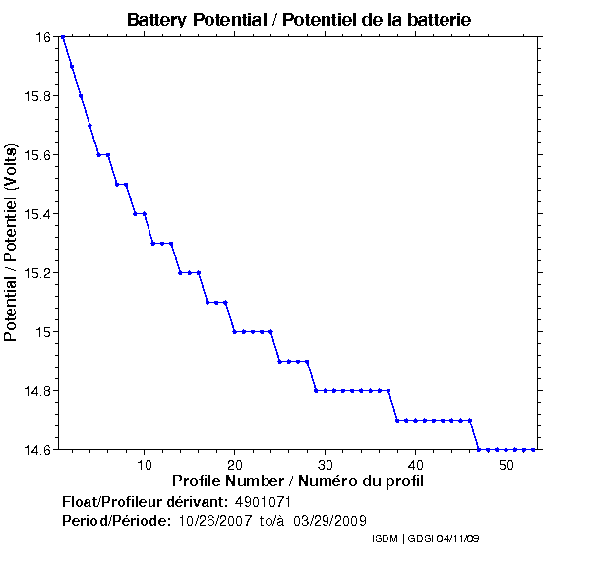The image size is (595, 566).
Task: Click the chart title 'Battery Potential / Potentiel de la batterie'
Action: [298, 19]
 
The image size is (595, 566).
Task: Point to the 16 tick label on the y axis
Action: [43, 37]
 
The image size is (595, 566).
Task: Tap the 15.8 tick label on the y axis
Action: [38, 96]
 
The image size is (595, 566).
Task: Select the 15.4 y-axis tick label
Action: [38, 214]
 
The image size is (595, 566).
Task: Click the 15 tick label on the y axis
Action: [43, 332]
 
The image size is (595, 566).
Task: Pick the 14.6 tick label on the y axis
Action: [38, 450]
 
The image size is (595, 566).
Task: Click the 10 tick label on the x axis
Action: [145, 465]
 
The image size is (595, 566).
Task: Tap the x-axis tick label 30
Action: [326, 465]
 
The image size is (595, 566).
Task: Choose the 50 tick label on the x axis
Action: [506, 465]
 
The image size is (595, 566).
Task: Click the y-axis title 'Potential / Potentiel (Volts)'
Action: [12, 243]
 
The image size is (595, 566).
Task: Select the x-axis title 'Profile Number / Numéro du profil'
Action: [298, 481]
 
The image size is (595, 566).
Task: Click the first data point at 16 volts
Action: [63, 37]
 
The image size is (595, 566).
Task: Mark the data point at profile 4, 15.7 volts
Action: [89, 126]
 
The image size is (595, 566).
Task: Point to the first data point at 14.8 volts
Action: [316, 391]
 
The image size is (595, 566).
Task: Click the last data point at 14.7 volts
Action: [470, 421]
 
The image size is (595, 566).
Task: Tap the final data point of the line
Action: [533, 450]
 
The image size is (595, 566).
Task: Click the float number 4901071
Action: [264, 502]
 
